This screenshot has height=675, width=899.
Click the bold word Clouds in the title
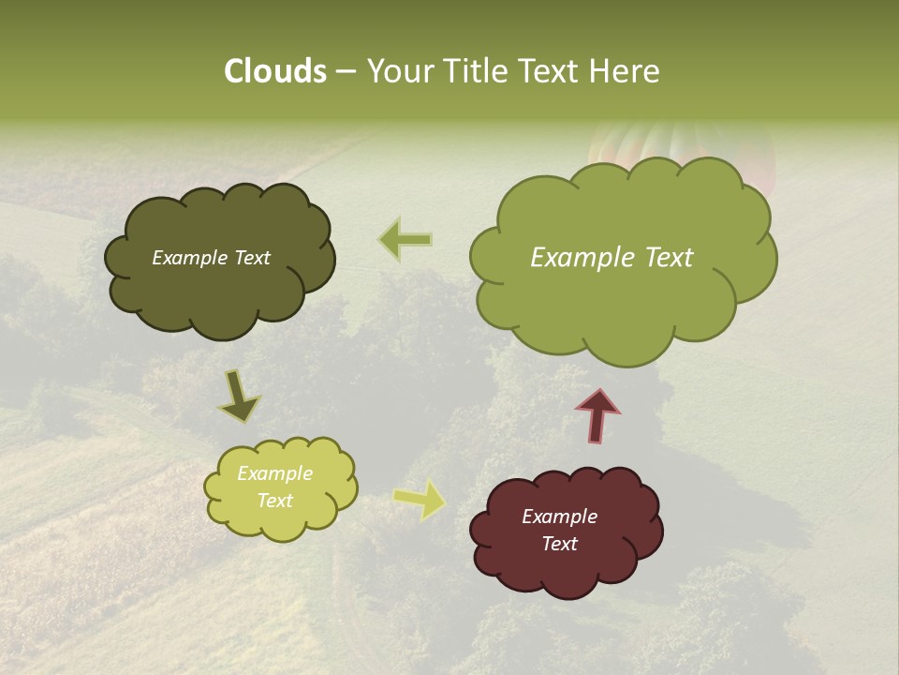pos(275,71)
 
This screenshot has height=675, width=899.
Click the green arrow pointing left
pos(405,239)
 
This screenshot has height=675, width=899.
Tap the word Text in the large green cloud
pos(663,258)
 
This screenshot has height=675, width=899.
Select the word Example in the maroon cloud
pos(559,517)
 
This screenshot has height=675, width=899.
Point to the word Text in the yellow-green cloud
pos(275,501)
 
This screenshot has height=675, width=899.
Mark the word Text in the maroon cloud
pos(559,544)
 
